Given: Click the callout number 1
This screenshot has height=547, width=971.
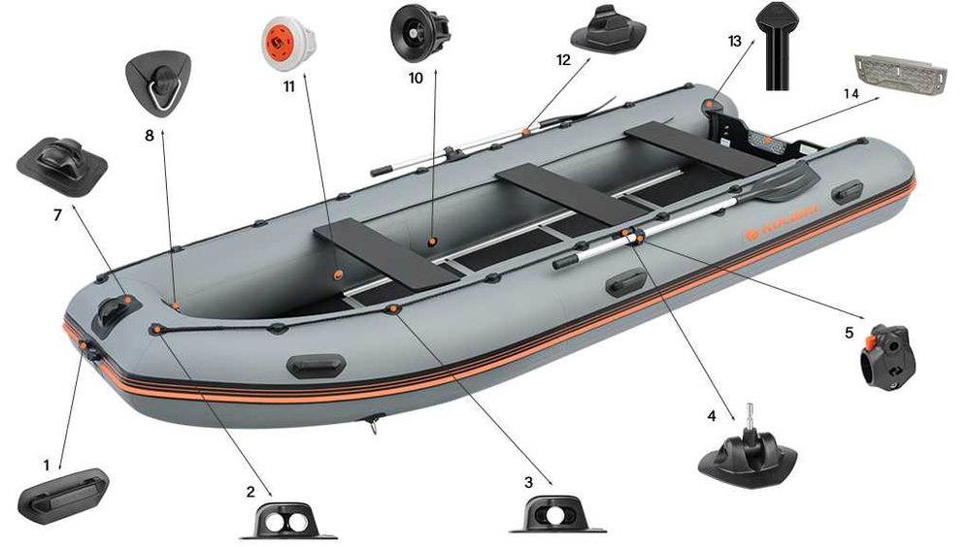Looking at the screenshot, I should tap(46, 466).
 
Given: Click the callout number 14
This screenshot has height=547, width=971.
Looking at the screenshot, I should tap(852, 93).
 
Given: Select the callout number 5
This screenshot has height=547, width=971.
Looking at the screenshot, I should tap(849, 333).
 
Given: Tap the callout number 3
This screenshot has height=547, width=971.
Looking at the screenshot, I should tap(528, 482).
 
